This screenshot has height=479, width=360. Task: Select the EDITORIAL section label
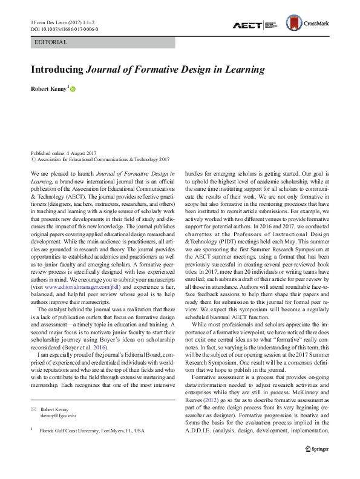(x=51, y=43)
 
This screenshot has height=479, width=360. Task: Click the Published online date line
(x=64, y=153)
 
